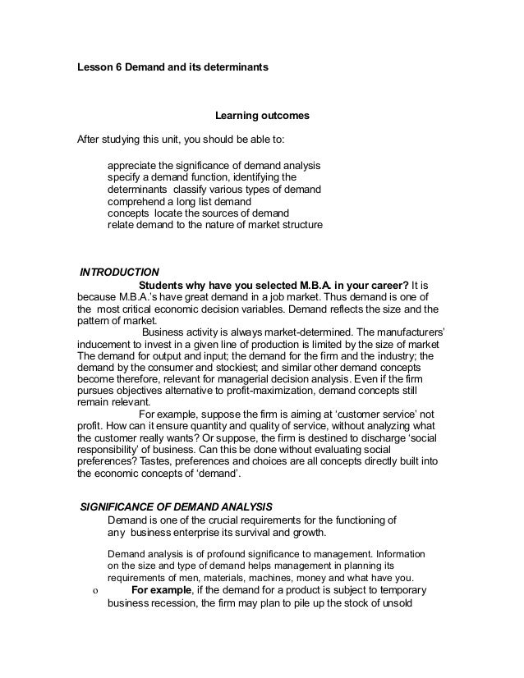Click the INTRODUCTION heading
117,272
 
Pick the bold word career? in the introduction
386,285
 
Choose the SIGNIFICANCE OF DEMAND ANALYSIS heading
177,505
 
